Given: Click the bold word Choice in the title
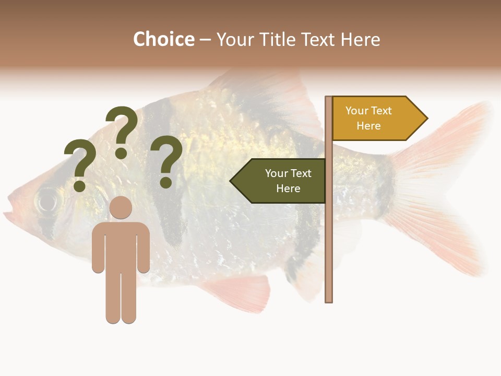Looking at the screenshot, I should pyautogui.click(x=163, y=39).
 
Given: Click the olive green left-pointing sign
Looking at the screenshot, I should pyautogui.click(x=282, y=181).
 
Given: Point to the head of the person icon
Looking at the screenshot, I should pyautogui.click(x=121, y=208).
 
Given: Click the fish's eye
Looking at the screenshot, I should pyautogui.click(x=48, y=199).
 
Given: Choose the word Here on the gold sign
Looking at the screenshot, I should pyautogui.click(x=368, y=126).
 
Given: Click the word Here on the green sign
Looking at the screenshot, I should pyautogui.click(x=288, y=189).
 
